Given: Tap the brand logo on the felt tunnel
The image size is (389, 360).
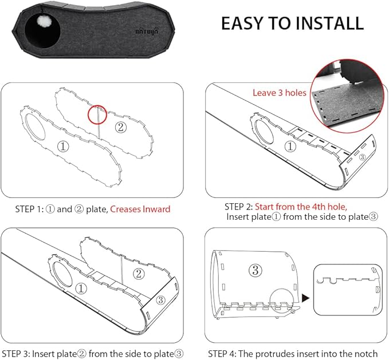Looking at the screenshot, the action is tap(147, 31).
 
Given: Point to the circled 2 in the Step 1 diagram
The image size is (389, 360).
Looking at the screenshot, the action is tap(120, 127).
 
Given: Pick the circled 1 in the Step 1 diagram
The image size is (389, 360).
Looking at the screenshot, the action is tap(63, 146).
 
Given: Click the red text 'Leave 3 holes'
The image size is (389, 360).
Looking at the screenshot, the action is tap(280, 93).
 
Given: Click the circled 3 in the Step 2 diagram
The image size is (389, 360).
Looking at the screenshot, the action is tap(362, 157).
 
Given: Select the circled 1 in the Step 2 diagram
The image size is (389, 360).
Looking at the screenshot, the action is tap(290, 147).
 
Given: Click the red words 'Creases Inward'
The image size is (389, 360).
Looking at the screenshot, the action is tap(140, 209).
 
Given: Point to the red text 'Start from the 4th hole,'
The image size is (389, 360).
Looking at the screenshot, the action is tap(301, 207).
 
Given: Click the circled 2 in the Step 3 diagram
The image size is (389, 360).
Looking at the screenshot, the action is tap(139, 274).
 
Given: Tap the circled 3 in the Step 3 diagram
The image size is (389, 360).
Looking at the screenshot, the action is tap(160, 300).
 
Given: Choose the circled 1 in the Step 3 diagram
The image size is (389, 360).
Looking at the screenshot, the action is tap(81, 288).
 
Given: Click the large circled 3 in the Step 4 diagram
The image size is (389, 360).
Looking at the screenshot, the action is tap(256, 270).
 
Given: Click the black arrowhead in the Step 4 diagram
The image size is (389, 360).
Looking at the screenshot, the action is tap(305, 298).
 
